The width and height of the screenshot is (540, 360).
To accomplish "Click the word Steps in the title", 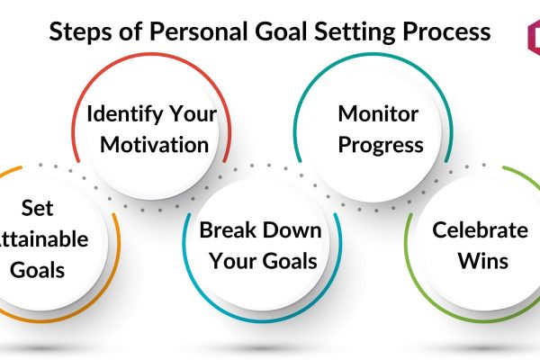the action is [x=80, y=31].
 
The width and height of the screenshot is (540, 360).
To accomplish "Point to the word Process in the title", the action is [x=446, y=31].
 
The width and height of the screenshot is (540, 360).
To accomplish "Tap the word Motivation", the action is [x=154, y=145].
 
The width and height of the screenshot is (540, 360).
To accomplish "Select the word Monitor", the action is [x=378, y=113].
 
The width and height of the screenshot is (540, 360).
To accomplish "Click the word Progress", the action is [x=381, y=146].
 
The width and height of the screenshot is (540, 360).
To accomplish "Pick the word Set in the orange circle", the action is [x=37, y=208].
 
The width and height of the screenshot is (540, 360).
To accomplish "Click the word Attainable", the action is [x=42, y=238].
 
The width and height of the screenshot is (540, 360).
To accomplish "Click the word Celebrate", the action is [x=480, y=229].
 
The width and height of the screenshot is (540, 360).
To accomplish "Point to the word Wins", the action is [x=483, y=261].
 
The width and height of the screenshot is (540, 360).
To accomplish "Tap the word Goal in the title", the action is [x=281, y=31].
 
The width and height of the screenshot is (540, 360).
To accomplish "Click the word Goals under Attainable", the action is [x=37, y=269].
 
